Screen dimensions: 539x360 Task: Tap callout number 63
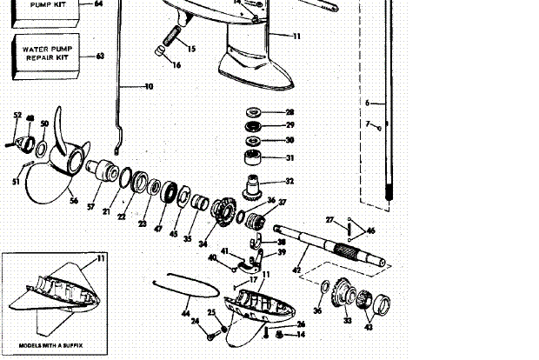pyautogui.click(x=100, y=57)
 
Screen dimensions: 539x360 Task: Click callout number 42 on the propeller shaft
pyautogui.click(x=297, y=270)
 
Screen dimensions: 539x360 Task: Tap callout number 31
pyautogui.click(x=289, y=157)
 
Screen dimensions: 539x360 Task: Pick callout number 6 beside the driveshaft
pyautogui.click(x=368, y=103)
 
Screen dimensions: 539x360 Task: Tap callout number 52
pyautogui.click(x=17, y=115)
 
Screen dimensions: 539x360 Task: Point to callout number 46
pyautogui.click(x=371, y=230)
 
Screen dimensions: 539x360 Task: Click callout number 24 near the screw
pyautogui.click(x=194, y=321)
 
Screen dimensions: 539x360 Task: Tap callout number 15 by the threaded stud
pyautogui.click(x=191, y=48)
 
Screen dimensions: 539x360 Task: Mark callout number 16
pyautogui.click(x=177, y=64)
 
